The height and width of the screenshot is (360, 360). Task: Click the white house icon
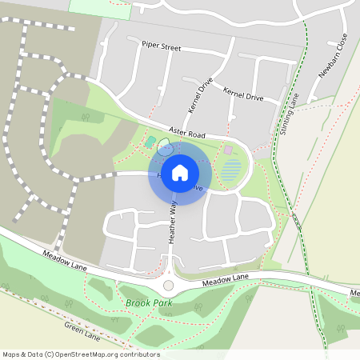point(180,172)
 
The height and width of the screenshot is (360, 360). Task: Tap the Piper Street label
point(161,47)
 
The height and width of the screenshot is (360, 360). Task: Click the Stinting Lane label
point(290,114)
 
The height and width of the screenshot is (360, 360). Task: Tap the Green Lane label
point(82,330)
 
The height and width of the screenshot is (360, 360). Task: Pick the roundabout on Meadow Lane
point(168,286)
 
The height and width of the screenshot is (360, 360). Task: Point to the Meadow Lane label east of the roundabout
point(226,280)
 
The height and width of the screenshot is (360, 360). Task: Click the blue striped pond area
point(230,170)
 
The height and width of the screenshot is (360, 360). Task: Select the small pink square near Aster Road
point(228,150)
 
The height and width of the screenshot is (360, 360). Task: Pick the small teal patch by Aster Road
point(150,142)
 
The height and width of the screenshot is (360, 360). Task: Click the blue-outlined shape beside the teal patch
point(165,146)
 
